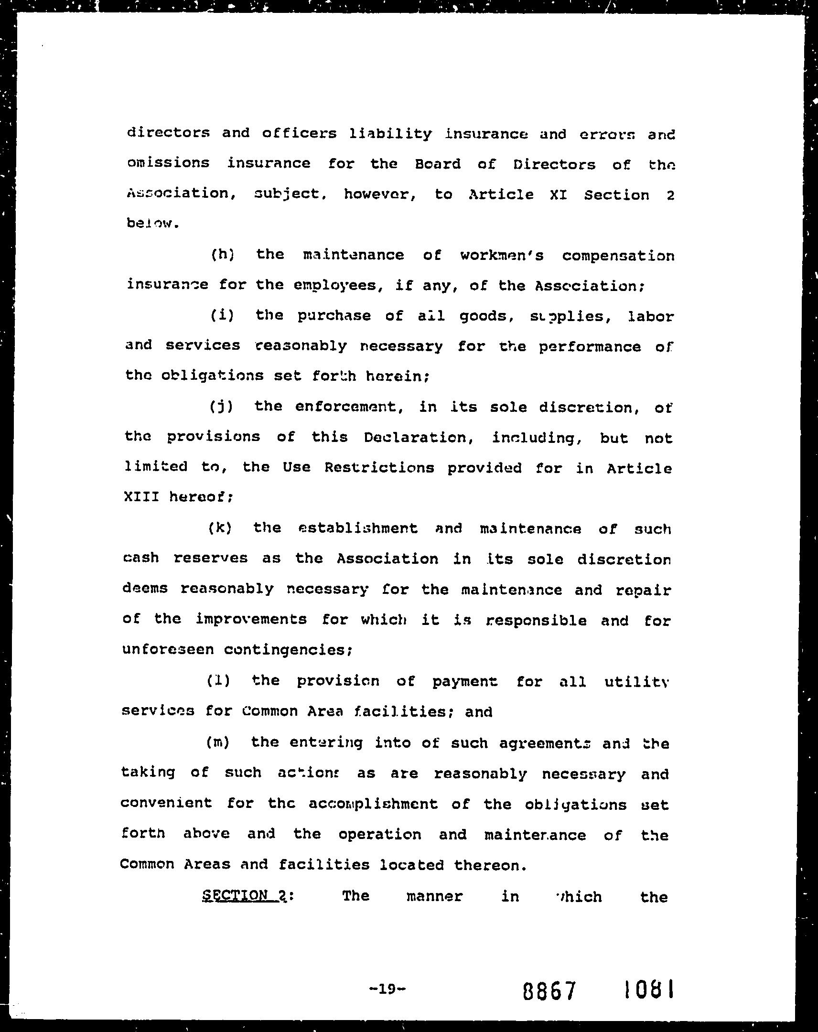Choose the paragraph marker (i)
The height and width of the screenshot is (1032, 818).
point(222,315)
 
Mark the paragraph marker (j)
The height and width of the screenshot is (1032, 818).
point(221,407)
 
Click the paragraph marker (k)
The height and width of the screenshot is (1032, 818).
point(220,528)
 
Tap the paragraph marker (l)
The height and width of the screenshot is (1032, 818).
point(218,680)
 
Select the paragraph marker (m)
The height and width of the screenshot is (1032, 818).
point(218,742)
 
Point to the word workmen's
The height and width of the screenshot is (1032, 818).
point(502,255)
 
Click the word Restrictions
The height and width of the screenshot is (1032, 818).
point(379,467)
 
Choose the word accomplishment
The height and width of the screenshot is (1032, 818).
point(373,804)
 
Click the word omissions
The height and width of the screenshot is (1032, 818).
point(168,163)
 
